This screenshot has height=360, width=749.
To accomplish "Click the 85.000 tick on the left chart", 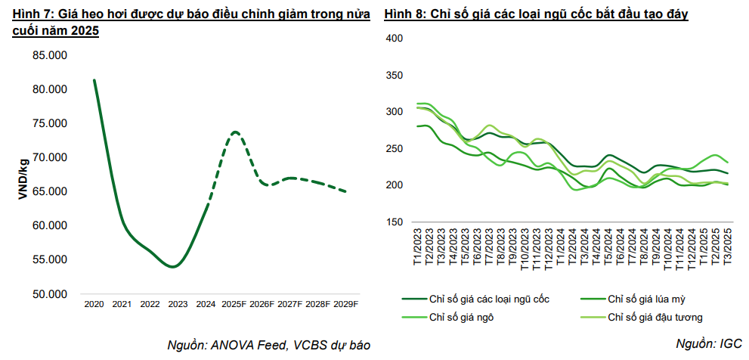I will (x=49, y=55).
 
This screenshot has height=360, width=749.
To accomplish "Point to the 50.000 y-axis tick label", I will (x=49, y=294).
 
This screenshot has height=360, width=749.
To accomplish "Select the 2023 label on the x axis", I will (x=178, y=304).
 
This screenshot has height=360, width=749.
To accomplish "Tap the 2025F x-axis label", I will (x=235, y=304).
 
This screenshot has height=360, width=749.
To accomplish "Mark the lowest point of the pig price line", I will (x=174, y=266).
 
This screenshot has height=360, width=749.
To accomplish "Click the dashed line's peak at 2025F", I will (x=235, y=132).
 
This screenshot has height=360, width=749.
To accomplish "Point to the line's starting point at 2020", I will (x=94, y=80).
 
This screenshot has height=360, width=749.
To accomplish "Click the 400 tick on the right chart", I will (x=396, y=38).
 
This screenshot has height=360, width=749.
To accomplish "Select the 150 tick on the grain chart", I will (x=396, y=222).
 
